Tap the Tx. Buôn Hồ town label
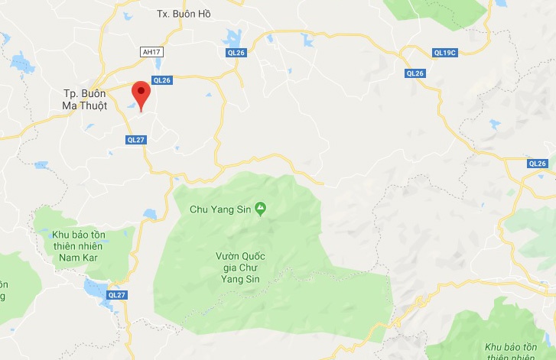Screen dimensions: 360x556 pyautogui.click(x=183, y=14)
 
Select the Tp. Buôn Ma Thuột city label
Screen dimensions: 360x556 pyautogui.click(x=85, y=100)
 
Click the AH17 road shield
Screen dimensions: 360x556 pyautogui.click(x=152, y=52)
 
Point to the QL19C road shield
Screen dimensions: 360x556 pyautogui.click(x=444, y=53)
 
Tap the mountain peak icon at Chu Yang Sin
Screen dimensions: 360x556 pyautogui.click(x=261, y=207)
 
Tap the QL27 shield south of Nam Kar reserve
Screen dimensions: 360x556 pyautogui.click(x=117, y=294)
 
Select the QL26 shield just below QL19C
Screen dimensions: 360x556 pyautogui.click(x=415, y=73)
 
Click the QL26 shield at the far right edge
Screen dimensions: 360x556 pyautogui.click(x=538, y=164)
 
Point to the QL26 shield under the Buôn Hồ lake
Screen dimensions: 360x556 pyautogui.click(x=236, y=52)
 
